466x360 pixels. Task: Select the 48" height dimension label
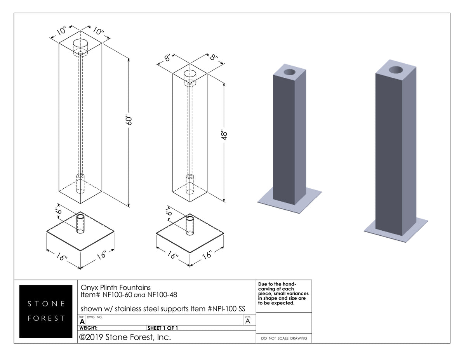pos(225,136)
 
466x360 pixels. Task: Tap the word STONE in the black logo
pos(46,303)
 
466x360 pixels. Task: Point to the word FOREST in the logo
pos(46,318)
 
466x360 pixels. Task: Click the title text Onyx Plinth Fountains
pos(115,288)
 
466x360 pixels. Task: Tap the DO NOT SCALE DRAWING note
pos(284,338)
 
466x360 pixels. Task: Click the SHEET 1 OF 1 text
pos(163,328)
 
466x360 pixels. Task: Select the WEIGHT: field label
pos(89,328)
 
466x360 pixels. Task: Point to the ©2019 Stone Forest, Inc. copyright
pos(125,337)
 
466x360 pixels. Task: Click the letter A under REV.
pos(248,321)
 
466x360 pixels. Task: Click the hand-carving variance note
pos(283,294)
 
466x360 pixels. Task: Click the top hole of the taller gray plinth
pos(396,70)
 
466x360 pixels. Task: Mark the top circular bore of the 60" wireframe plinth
pos(80,43)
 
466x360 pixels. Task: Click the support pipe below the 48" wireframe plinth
pos(190,224)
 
